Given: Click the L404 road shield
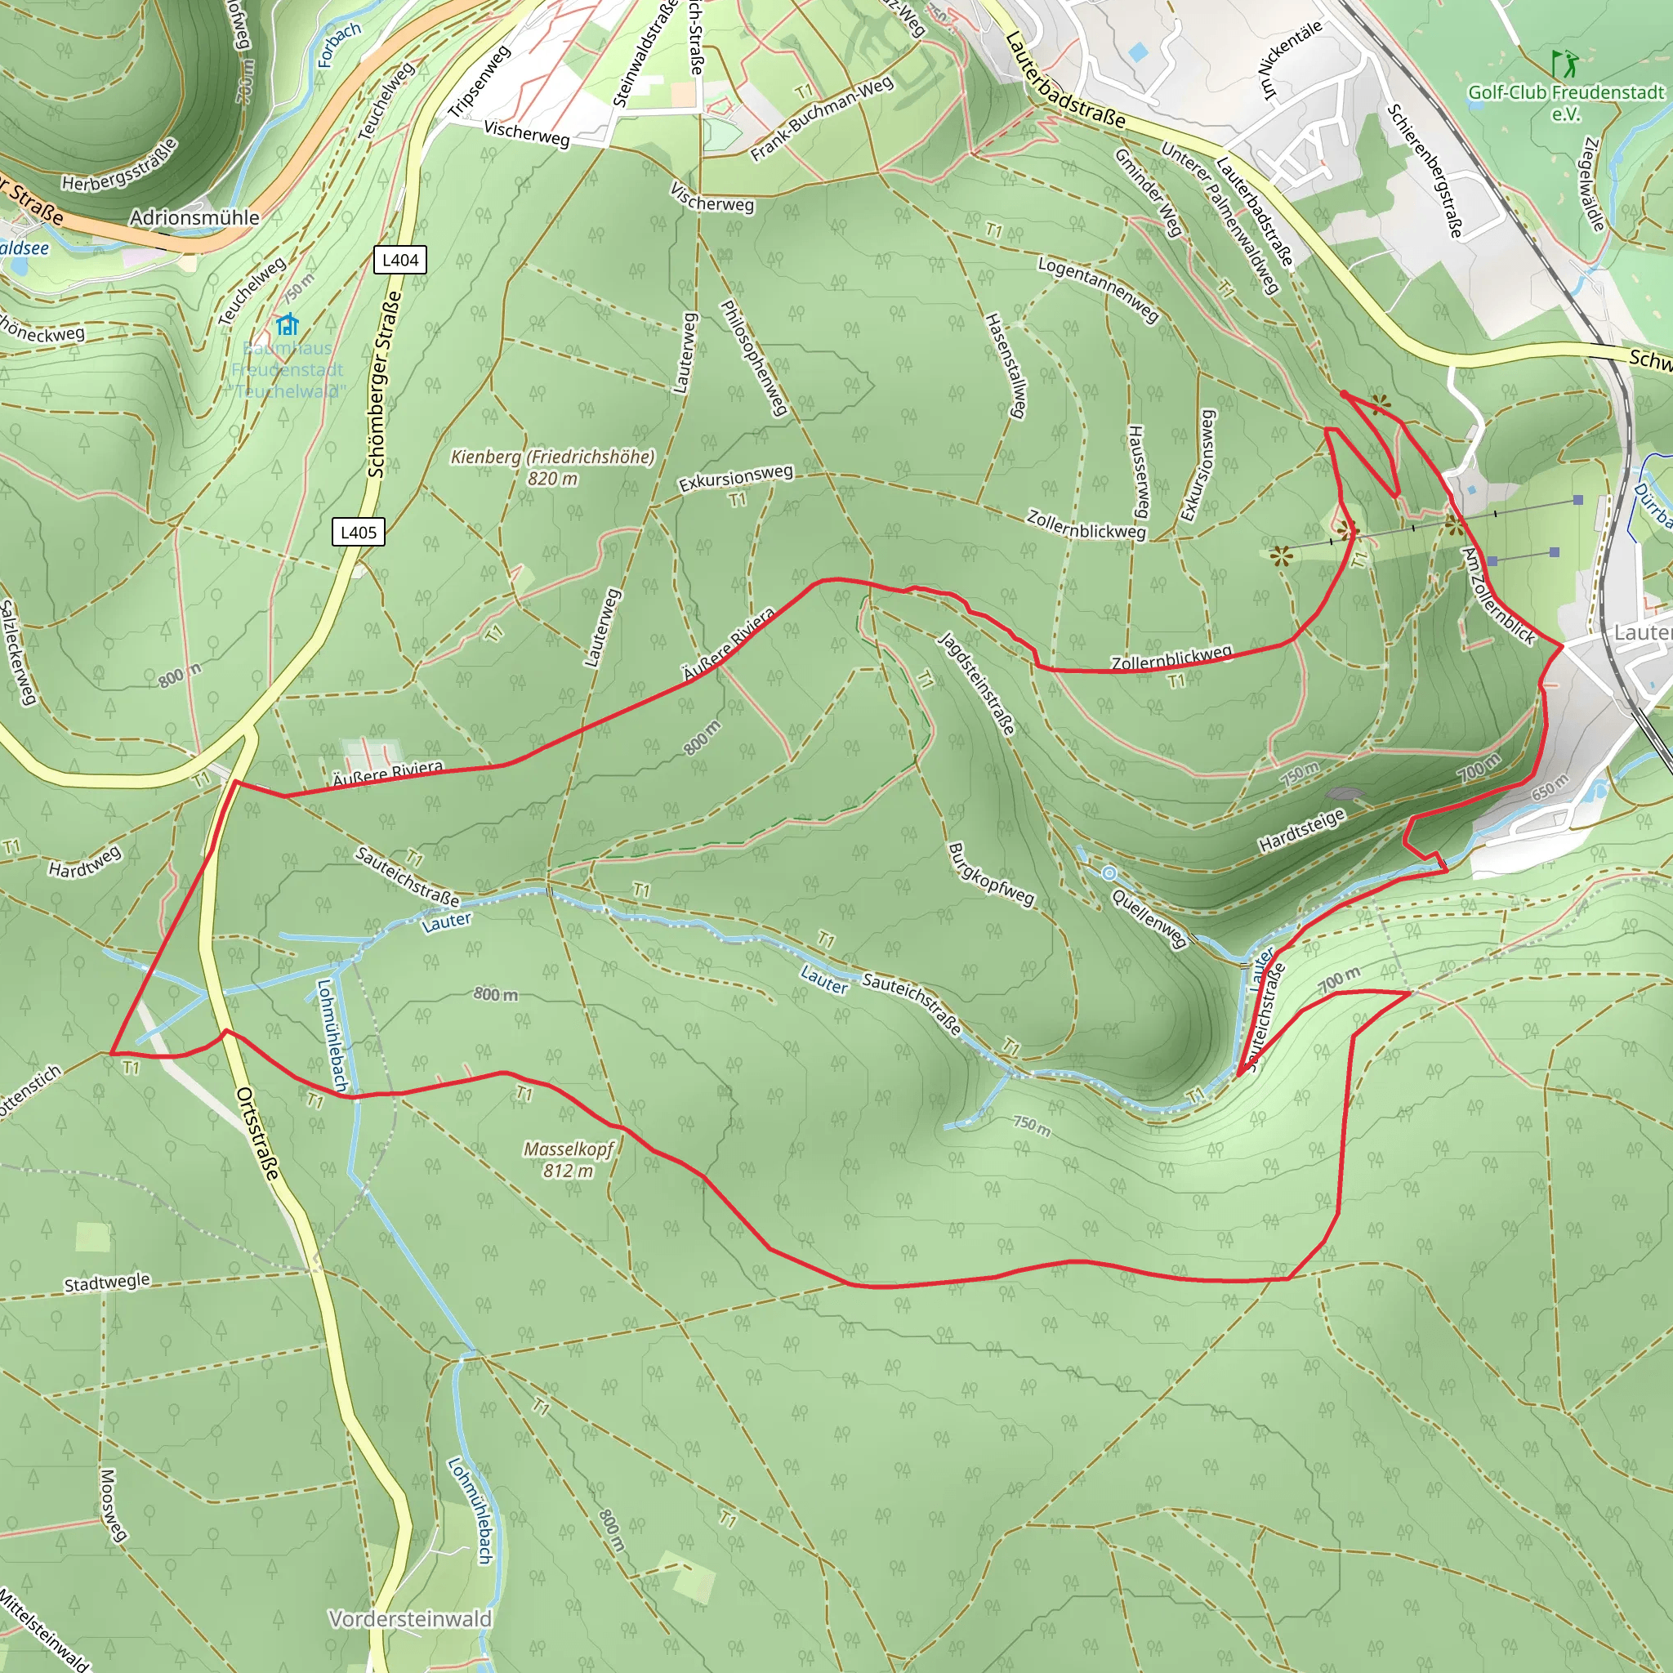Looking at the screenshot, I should [x=400, y=260].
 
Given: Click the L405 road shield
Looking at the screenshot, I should [x=359, y=532].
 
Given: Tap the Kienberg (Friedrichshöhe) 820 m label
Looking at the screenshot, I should [x=552, y=466].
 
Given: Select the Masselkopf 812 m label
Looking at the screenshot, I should [x=568, y=1159].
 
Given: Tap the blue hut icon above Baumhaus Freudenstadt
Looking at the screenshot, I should [x=288, y=325].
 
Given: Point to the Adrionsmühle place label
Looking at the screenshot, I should [x=195, y=217].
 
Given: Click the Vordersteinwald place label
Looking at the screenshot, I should [x=410, y=1618].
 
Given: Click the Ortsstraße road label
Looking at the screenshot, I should [x=258, y=1134].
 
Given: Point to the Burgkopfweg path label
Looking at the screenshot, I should [x=991, y=875].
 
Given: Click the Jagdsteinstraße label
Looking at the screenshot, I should [x=978, y=684].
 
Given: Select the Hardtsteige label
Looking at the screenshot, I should [x=1301, y=831].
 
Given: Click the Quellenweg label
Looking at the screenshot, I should [x=1149, y=919].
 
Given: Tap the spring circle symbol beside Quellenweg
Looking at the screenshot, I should [x=1109, y=874].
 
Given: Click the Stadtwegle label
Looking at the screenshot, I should [x=107, y=1283].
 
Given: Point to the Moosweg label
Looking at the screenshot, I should [x=113, y=1505].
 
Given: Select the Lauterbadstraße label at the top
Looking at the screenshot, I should [x=1066, y=81].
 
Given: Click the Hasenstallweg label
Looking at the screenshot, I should [x=1006, y=365].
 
